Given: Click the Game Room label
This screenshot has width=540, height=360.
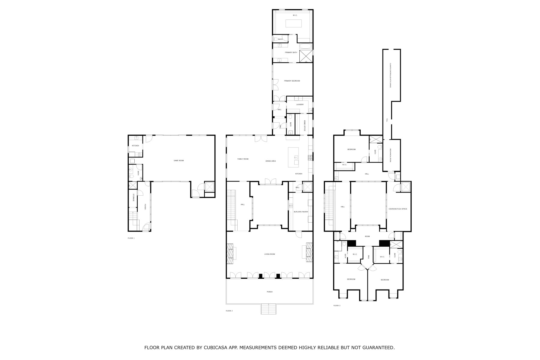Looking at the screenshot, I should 178,160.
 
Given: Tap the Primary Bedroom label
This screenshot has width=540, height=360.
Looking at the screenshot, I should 292,81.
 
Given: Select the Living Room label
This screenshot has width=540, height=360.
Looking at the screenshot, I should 269,254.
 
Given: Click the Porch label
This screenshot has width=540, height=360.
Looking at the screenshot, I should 269,292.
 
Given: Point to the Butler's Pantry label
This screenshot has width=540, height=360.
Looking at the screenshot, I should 301,212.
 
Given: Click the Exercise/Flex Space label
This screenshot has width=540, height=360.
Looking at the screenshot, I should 398,209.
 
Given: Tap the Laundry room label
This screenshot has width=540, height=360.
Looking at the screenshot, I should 300,104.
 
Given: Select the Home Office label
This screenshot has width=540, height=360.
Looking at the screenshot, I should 304,126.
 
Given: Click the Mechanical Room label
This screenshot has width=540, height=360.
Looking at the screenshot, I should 391,155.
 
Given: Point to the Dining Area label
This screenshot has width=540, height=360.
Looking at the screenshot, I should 271,161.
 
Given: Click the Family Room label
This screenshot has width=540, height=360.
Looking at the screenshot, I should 243,159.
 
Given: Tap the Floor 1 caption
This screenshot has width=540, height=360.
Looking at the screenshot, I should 131,238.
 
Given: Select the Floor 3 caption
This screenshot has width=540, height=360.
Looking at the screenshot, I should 337,306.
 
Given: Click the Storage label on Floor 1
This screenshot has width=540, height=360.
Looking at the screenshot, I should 133,198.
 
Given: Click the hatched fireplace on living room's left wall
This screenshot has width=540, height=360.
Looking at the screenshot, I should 230,253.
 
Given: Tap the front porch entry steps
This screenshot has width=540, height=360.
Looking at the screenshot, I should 268,309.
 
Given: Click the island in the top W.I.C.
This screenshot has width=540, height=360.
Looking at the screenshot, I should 293,23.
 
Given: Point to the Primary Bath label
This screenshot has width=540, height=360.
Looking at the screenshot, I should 291,52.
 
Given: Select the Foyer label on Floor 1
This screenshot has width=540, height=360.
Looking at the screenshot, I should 145,207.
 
